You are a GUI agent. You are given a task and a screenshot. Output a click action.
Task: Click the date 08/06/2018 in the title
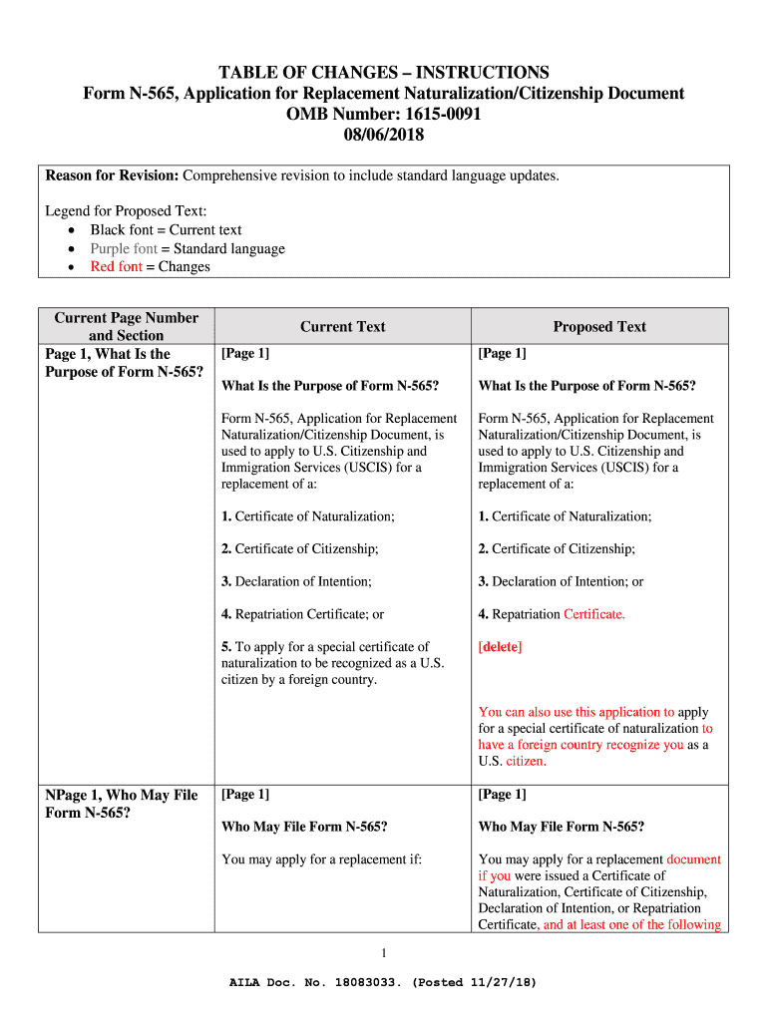pos(384,135)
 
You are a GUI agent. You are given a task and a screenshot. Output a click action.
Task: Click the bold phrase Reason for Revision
pos(112,175)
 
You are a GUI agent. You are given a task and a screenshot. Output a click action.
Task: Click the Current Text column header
pos(342,326)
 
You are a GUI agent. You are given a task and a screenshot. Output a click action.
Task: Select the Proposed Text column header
pos(599,326)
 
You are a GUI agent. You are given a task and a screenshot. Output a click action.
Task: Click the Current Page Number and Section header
pos(126,326)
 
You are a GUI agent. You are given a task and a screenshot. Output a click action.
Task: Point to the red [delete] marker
pos(500,647)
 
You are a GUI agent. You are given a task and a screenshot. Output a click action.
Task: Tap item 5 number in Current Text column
pos(226,647)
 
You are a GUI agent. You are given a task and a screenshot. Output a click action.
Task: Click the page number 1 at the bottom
pos(384,950)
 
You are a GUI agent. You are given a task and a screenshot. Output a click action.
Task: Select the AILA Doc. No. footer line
pos(384,982)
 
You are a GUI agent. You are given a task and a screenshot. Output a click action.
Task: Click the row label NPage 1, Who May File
pos(122,795)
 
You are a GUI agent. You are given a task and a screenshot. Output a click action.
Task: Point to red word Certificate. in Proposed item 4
pos(594,614)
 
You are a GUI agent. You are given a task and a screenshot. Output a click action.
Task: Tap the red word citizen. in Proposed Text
pos(526,761)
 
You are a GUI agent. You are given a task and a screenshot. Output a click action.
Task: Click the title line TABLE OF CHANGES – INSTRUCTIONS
pos(384,72)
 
